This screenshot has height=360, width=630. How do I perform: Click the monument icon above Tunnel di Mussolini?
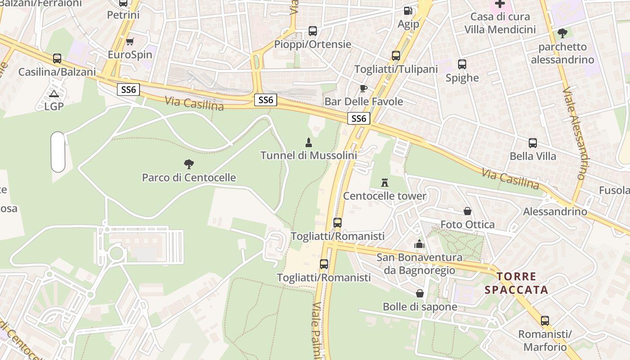click(309, 143)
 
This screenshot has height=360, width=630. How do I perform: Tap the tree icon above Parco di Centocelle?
click(189, 164)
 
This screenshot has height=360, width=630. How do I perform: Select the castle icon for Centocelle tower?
click(385, 183)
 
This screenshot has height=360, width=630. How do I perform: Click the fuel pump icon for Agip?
click(408, 11)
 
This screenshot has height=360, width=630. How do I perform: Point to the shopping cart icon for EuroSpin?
click(130, 41)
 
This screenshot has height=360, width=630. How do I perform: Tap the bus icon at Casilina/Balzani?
click(57, 58)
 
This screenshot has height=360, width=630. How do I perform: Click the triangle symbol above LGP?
click(54, 94)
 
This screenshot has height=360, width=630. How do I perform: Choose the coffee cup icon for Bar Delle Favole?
click(363, 88)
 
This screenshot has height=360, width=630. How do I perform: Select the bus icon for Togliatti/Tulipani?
click(396, 56)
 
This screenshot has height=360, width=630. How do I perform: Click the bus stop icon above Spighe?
click(462, 64)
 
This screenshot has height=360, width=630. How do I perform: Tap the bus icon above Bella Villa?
click(533, 143)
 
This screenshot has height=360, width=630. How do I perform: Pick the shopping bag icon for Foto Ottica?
click(468, 211)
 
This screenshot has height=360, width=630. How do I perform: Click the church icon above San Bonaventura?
click(419, 244)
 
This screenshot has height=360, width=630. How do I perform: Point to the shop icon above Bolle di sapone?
click(420, 293)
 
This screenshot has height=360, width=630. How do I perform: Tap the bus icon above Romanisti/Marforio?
click(545, 321)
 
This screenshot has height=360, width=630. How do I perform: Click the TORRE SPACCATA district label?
click(517, 283)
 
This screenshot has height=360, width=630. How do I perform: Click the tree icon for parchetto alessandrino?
click(562, 33)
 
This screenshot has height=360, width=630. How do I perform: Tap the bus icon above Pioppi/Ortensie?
click(313, 31)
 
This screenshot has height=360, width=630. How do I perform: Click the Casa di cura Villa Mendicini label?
click(500, 23)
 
